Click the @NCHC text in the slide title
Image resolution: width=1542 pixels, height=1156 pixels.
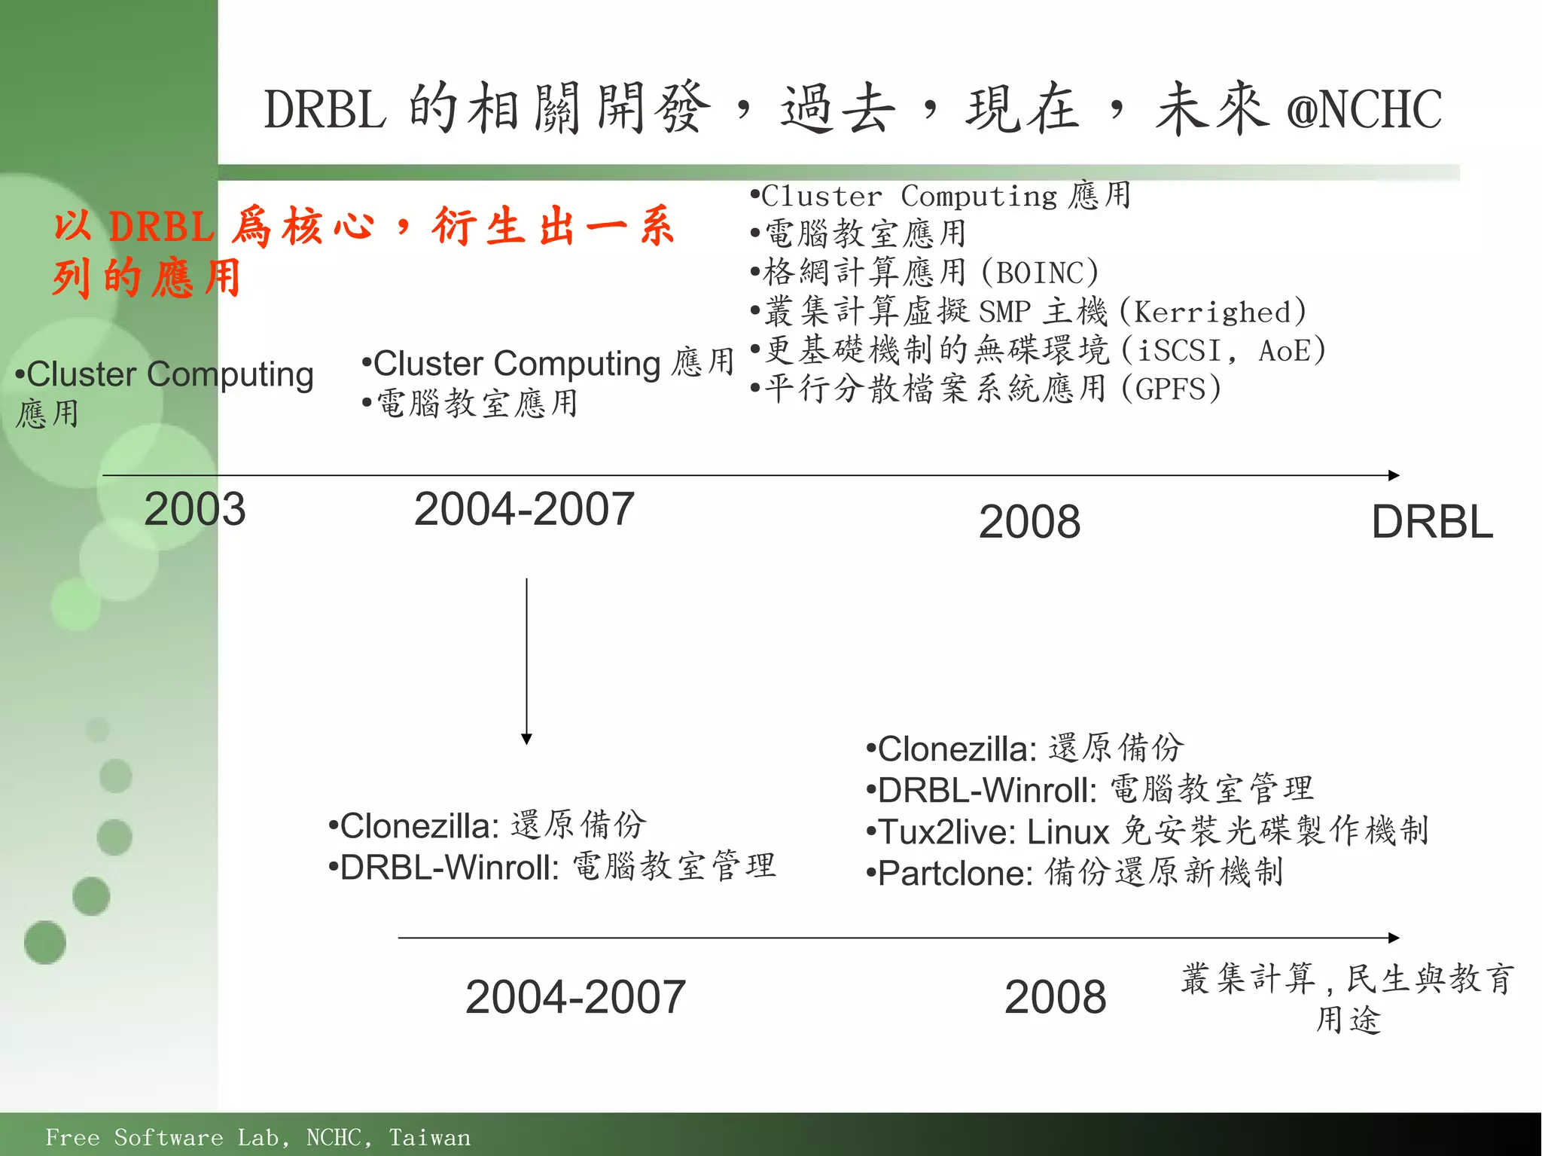[x=1364, y=110]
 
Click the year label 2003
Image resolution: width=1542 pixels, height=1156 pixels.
[x=194, y=509]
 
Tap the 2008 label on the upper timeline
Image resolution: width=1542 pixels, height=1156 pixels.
[x=1029, y=522]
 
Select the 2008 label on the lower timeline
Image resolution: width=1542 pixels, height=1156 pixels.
[x=1055, y=996]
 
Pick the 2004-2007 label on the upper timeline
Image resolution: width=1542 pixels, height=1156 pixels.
[x=524, y=509]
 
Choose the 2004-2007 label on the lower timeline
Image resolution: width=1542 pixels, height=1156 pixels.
[x=575, y=996]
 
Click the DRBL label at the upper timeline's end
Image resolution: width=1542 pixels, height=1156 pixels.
[x=1432, y=522]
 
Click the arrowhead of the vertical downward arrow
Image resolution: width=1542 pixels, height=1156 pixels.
[x=526, y=740]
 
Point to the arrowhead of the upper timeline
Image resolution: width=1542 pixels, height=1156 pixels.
[x=1394, y=475]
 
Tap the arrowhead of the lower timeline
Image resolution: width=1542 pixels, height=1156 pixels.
[x=1394, y=938]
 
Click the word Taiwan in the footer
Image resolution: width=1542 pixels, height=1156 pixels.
[x=429, y=1137]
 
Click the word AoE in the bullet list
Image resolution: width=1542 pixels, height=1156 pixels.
[x=1283, y=351]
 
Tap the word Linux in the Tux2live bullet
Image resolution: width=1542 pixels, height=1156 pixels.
[x=1068, y=832]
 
